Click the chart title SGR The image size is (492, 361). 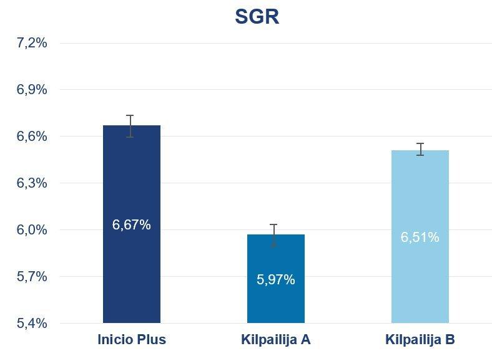click(x=257, y=16)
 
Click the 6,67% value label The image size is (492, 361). click(x=132, y=225)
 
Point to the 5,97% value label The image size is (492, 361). click(x=276, y=280)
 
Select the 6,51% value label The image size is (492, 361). click(x=420, y=238)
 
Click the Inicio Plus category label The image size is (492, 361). click(x=132, y=340)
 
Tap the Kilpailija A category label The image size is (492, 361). click(x=276, y=340)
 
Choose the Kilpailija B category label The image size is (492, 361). click(x=420, y=340)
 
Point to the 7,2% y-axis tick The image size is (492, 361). click(x=32, y=43)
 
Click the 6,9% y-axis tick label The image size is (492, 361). click(x=32, y=90)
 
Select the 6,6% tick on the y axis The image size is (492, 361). click(x=32, y=137)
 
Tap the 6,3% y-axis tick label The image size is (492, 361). click(x=32, y=183)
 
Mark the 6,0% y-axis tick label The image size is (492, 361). click(x=32, y=230)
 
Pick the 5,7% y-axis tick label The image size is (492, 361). click(x=32, y=277)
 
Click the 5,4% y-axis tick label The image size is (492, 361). click(x=32, y=324)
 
